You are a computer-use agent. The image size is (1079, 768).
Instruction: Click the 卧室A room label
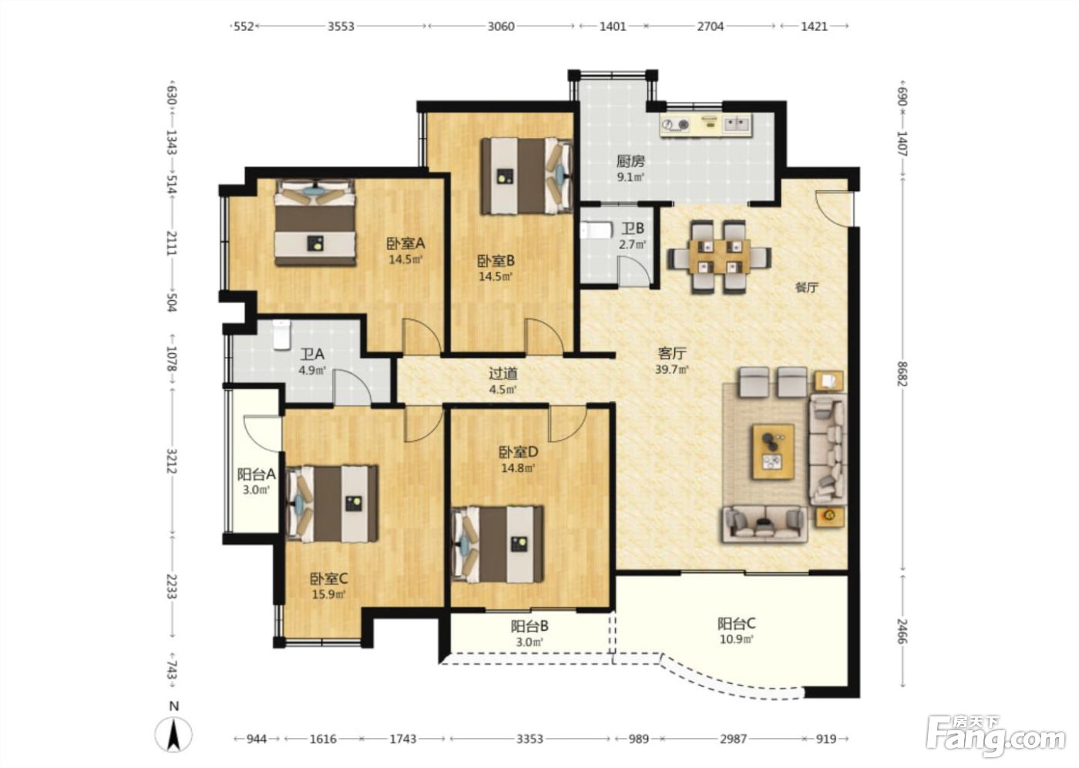click(x=405, y=244)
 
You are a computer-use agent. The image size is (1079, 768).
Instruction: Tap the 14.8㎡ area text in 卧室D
click(x=518, y=468)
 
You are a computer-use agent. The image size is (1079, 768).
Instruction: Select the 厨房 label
click(x=630, y=161)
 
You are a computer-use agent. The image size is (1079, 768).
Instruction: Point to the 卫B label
click(x=632, y=228)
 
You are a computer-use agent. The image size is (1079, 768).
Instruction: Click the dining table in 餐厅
click(x=718, y=257)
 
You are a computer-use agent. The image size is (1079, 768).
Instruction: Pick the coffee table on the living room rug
click(x=774, y=451)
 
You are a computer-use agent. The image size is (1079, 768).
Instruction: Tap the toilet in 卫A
click(x=282, y=335)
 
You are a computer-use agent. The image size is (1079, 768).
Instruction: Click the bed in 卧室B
click(x=526, y=176)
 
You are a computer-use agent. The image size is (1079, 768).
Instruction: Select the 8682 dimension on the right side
click(x=903, y=374)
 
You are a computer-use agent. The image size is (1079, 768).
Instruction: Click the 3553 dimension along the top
click(x=341, y=26)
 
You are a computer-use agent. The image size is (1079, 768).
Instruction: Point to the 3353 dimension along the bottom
click(x=530, y=739)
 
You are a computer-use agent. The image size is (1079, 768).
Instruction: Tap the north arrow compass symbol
click(x=173, y=736)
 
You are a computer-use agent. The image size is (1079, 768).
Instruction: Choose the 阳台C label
click(x=737, y=624)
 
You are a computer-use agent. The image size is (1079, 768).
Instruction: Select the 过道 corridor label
click(x=503, y=373)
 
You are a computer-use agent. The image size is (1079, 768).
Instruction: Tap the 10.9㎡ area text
click(x=737, y=639)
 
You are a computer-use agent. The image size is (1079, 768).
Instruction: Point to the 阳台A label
click(x=256, y=474)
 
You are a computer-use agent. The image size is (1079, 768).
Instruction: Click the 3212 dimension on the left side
click(x=171, y=461)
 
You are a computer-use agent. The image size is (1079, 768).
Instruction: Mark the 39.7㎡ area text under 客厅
click(x=671, y=369)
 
